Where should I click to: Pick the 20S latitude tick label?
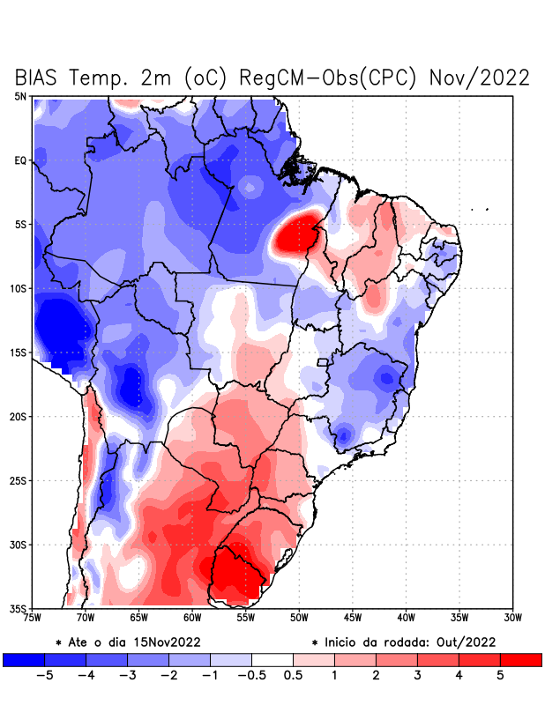pyautogui.click(x=19, y=416)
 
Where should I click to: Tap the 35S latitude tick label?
pyautogui.click(x=19, y=608)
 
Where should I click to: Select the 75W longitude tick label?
pyautogui.click(x=34, y=618)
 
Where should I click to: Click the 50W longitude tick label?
pyautogui.click(x=299, y=618)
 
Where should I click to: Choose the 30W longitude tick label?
pyautogui.click(x=512, y=618)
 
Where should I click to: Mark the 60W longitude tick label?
pyautogui.click(x=193, y=618)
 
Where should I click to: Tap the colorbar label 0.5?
pyautogui.click(x=293, y=676)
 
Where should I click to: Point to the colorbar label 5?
pyautogui.click(x=500, y=676)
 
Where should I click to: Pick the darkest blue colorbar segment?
pyautogui.click(x=23, y=659)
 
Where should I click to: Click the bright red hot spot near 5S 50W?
pyautogui.click(x=296, y=233)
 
